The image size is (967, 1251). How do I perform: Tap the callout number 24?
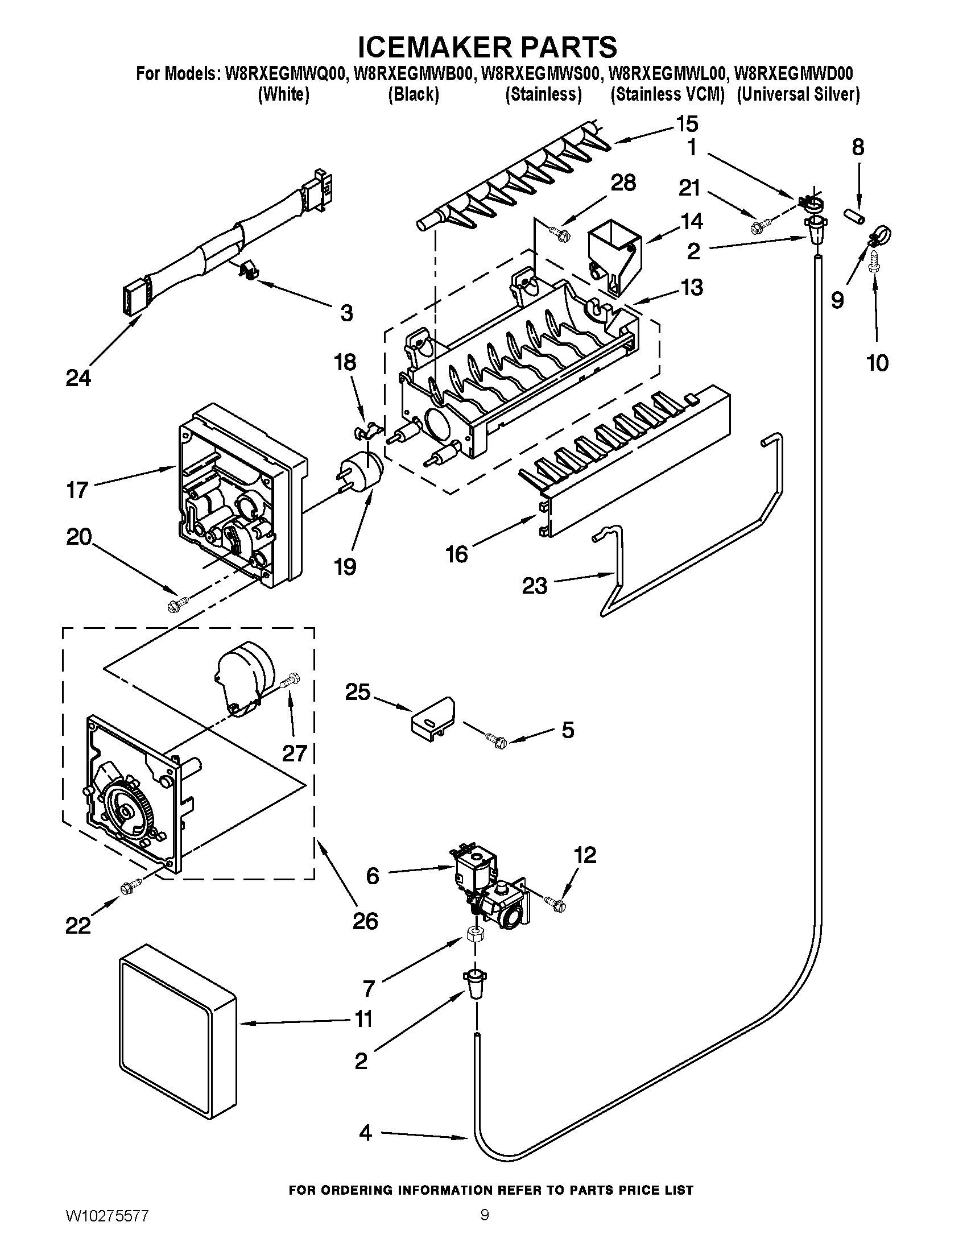(x=78, y=378)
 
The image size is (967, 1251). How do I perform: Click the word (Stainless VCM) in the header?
(x=667, y=94)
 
